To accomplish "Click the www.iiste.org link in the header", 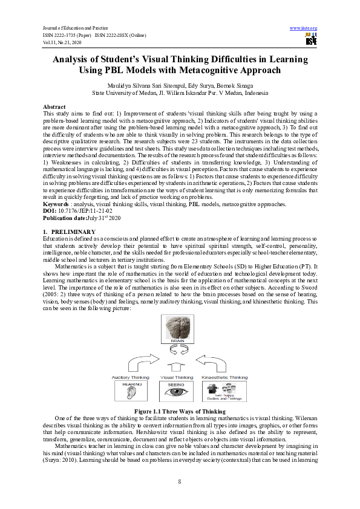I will (x=304, y=28).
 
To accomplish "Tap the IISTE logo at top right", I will (x=311, y=39).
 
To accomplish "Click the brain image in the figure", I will (x=180, y=331).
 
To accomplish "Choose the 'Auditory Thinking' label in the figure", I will (x=131, y=377).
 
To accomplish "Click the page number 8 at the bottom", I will (x=180, y=481).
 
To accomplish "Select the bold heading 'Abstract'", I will (x=54, y=105).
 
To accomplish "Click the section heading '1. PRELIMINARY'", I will (x=70, y=232).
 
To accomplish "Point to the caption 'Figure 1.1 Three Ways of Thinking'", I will (x=180, y=411).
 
